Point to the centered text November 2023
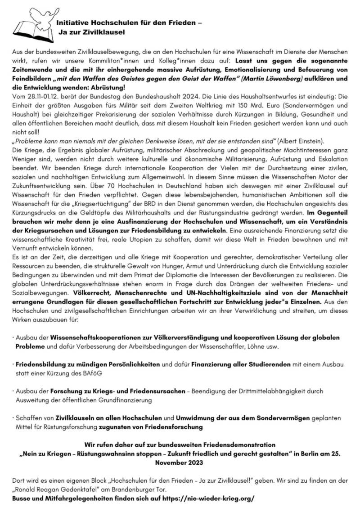(x=180, y=462)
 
